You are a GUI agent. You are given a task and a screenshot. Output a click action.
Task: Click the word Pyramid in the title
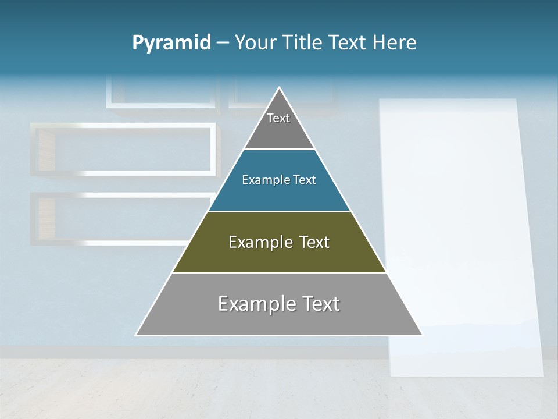click(x=171, y=43)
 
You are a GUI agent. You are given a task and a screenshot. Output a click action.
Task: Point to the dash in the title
click(x=223, y=43)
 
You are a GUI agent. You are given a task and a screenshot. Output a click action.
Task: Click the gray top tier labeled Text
click(x=279, y=125)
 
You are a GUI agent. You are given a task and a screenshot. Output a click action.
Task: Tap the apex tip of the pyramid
click(x=280, y=88)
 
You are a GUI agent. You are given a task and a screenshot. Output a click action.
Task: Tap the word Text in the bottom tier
click(x=318, y=304)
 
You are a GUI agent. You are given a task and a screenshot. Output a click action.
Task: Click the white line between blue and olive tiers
click(x=279, y=211)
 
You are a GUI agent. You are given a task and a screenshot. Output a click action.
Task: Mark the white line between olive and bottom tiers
click(x=279, y=273)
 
